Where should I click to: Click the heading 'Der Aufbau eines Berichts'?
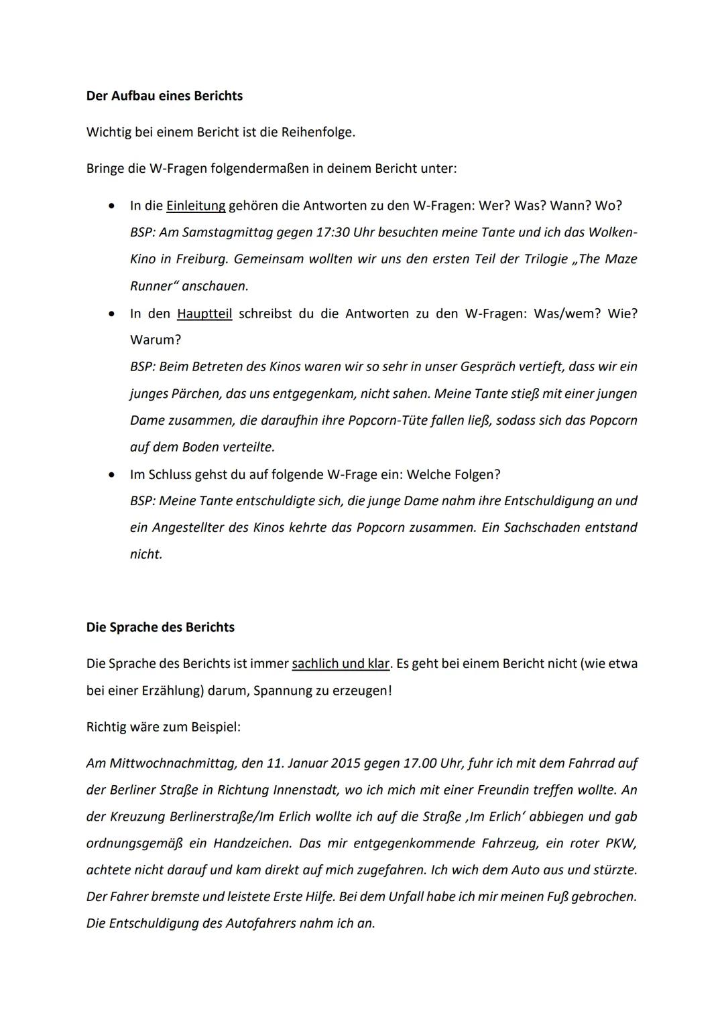click(x=164, y=96)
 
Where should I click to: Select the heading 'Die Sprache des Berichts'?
click(x=160, y=627)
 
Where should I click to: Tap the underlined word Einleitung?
click(x=196, y=206)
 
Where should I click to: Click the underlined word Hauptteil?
click(x=204, y=314)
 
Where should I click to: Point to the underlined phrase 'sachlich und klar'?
click(x=341, y=663)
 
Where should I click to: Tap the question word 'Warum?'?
click(x=156, y=340)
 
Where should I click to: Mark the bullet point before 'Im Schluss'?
click(x=111, y=475)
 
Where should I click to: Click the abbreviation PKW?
click(x=621, y=843)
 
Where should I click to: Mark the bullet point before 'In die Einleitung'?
click(x=111, y=206)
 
